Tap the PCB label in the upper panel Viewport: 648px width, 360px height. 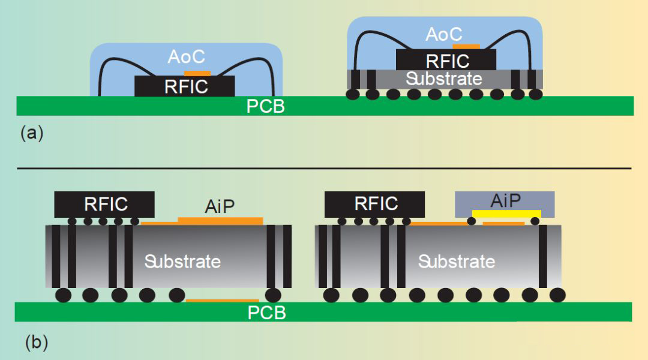[x=265, y=107]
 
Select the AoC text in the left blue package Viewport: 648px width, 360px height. [x=186, y=57]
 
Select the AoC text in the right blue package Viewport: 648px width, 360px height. [x=445, y=35]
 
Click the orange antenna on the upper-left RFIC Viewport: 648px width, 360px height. [x=197, y=73]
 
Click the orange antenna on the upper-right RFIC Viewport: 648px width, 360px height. [x=466, y=46]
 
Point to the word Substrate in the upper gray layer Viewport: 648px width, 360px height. [x=443, y=79]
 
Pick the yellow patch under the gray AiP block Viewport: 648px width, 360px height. [x=506, y=214]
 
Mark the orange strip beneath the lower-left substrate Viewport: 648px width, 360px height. [x=222, y=300]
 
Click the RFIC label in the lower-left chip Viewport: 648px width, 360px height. [x=106, y=204]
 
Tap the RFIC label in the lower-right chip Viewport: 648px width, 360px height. [x=376, y=204]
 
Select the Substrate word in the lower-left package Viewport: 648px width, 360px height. [x=182, y=262]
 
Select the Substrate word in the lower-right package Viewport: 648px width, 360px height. [x=457, y=262]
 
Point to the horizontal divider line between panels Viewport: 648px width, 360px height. [x=324, y=169]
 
